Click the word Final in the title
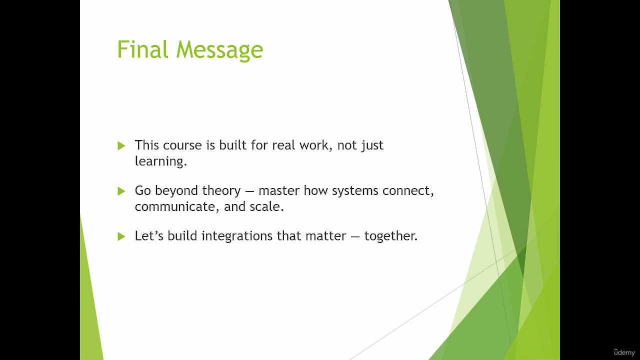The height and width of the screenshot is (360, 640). coord(142,49)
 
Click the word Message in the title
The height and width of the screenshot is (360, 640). coord(219,50)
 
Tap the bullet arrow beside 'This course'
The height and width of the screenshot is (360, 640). coord(121,145)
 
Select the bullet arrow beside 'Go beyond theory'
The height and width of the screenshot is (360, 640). coord(121,191)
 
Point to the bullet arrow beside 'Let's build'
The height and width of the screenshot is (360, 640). coord(121,236)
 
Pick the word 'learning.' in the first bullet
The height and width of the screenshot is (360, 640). coord(161,161)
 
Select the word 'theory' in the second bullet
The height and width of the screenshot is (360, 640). coord(221,191)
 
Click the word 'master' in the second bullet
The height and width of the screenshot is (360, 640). coord(279,190)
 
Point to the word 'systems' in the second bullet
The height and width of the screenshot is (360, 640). coord(355,191)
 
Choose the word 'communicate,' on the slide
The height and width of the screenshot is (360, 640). coord(177,207)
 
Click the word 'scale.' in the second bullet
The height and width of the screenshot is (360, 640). coord(267,206)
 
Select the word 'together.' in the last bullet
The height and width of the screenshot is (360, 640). coord(391,236)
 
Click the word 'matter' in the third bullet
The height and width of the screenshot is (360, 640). coord(325,236)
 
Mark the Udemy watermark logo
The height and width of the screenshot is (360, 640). coord(624,352)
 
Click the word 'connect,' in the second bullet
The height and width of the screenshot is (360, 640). coord(408,191)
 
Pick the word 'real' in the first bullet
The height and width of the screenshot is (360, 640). coord(283,145)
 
